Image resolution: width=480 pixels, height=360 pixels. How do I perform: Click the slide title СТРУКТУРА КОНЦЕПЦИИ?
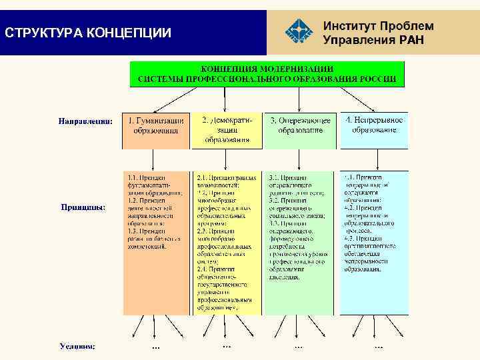pos(87,33)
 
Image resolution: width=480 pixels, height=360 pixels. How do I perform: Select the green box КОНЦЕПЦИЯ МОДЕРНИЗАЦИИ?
pos(267,73)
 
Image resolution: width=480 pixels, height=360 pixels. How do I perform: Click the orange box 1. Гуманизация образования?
pos(155,130)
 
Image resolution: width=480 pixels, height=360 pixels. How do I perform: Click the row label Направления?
pos(85,121)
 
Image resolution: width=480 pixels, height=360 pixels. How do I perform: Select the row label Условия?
pos(77,346)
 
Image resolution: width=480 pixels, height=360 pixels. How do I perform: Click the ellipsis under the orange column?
pos(155,347)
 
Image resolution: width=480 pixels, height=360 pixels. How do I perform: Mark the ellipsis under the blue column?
pos(378,347)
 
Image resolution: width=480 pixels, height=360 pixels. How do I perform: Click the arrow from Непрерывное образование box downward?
pos(377,160)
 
